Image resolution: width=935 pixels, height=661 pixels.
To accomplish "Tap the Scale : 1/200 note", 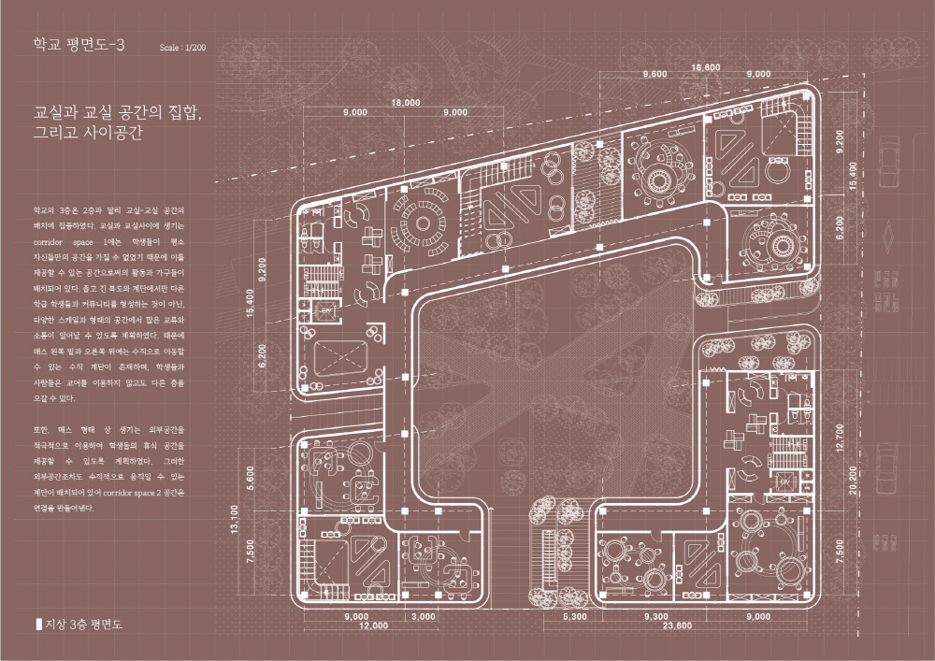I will [x=182, y=47].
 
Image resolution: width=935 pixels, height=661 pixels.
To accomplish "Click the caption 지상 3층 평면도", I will [x=84, y=622].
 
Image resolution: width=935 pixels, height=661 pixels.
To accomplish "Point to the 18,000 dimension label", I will [x=406, y=101].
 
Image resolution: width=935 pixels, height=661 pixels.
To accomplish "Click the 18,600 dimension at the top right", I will [x=705, y=67].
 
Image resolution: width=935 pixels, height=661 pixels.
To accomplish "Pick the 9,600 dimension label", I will [x=654, y=74].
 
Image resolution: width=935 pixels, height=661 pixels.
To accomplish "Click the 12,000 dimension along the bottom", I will [x=373, y=625].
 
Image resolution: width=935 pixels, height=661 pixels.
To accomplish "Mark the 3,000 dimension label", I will [x=423, y=617].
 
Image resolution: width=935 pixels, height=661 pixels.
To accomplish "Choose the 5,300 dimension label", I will [x=574, y=617].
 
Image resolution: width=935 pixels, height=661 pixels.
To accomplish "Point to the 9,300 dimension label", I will [x=656, y=617].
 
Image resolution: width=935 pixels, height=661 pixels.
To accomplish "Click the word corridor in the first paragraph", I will [x=47, y=242].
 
